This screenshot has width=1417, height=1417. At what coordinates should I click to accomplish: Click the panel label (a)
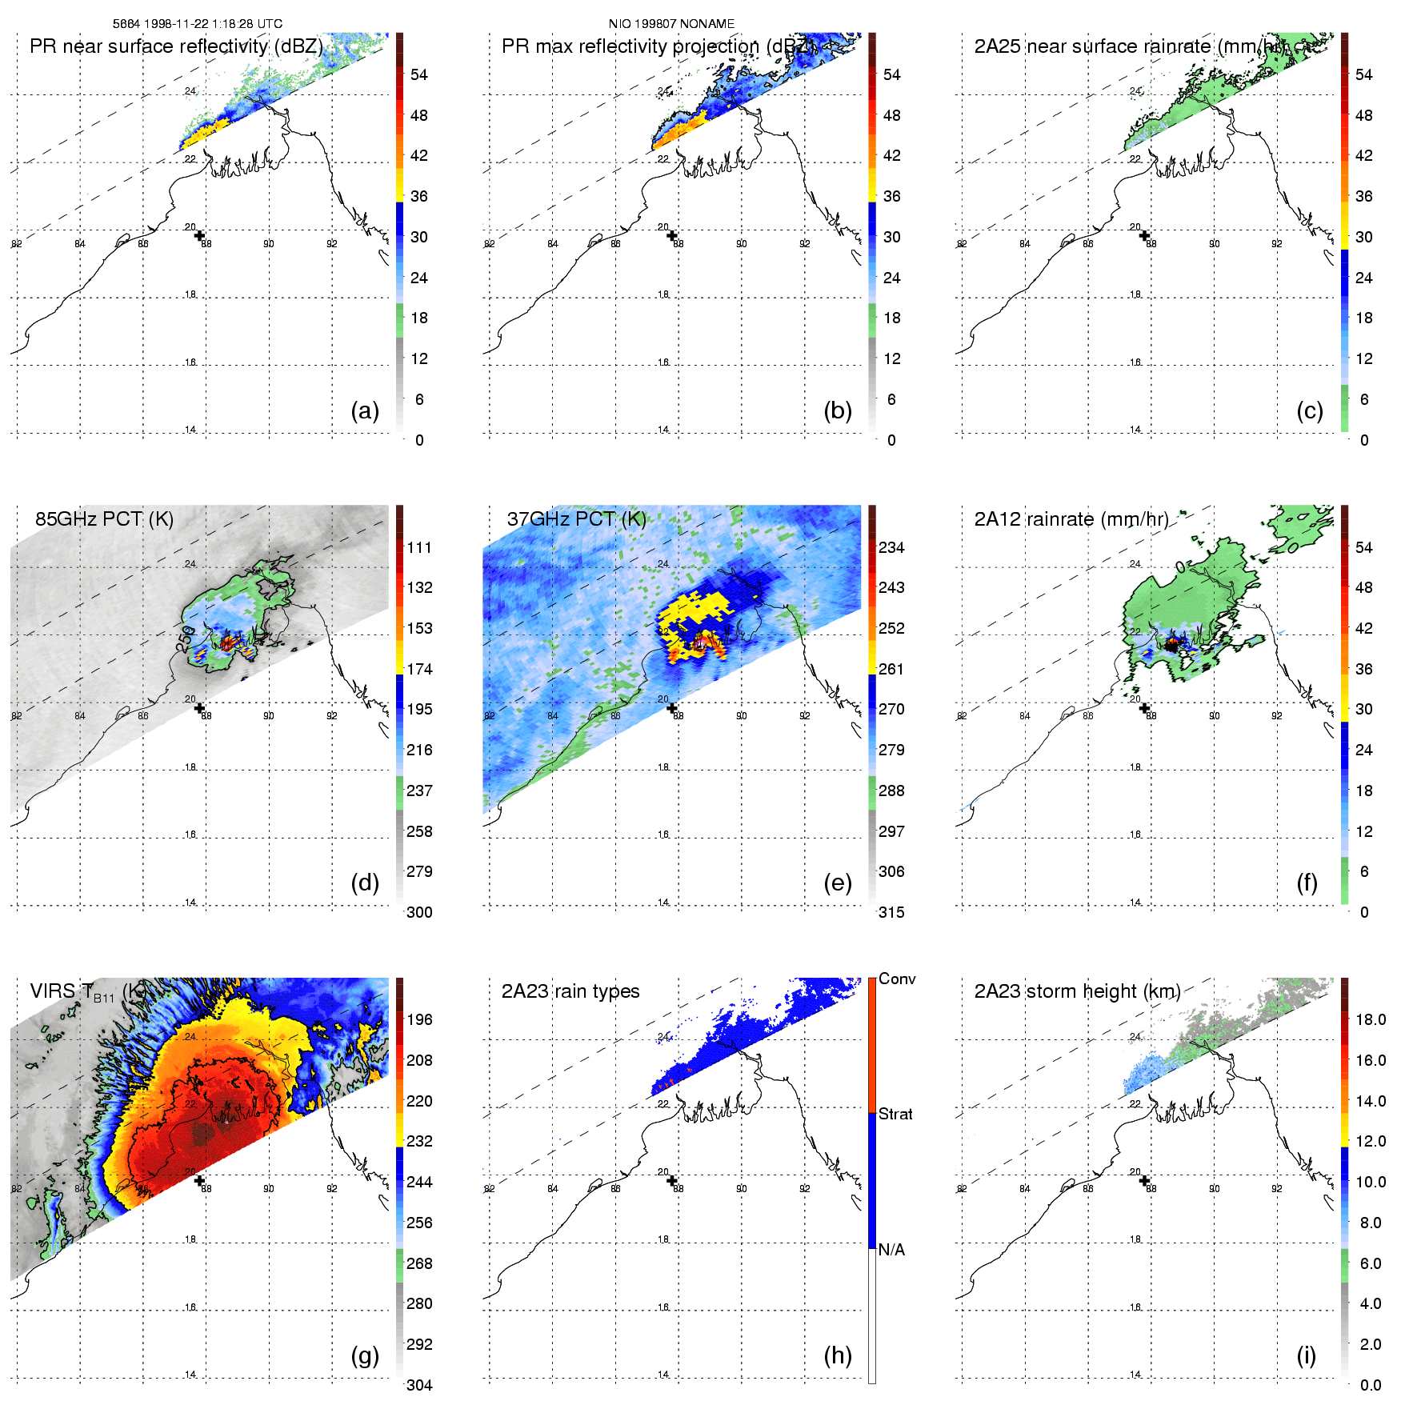(x=365, y=411)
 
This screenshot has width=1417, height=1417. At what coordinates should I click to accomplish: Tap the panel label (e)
(x=837, y=883)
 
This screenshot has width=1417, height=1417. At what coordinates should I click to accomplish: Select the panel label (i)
(x=1306, y=1355)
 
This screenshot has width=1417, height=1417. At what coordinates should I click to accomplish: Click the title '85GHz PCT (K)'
(x=104, y=519)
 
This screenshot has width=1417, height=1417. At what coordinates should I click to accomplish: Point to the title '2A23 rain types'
(x=570, y=991)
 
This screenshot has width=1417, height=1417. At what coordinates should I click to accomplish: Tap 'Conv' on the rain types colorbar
(x=897, y=979)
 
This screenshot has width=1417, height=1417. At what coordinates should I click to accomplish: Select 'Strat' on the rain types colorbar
(x=895, y=1115)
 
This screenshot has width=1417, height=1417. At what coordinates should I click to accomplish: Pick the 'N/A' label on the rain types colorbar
(x=891, y=1250)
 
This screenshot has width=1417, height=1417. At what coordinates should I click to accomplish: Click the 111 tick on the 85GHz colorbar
(x=419, y=548)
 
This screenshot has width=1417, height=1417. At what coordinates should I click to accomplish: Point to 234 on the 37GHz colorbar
(x=891, y=548)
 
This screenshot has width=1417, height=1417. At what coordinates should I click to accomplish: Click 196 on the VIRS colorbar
(x=419, y=1020)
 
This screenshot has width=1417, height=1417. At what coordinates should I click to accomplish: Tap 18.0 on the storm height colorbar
(x=1371, y=1020)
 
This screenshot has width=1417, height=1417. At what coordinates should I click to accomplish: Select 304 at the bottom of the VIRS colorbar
(x=419, y=1385)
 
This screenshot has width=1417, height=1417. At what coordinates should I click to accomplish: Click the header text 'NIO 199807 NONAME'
(x=671, y=24)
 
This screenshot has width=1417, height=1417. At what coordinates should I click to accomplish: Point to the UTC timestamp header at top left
(x=198, y=24)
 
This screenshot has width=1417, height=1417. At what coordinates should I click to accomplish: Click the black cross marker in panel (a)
(x=199, y=235)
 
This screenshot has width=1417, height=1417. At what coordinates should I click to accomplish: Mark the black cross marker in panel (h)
(x=672, y=1180)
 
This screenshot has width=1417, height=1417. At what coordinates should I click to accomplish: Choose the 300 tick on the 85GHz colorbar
(x=419, y=913)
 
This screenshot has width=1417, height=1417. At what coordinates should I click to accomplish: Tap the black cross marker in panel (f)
(x=1144, y=708)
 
